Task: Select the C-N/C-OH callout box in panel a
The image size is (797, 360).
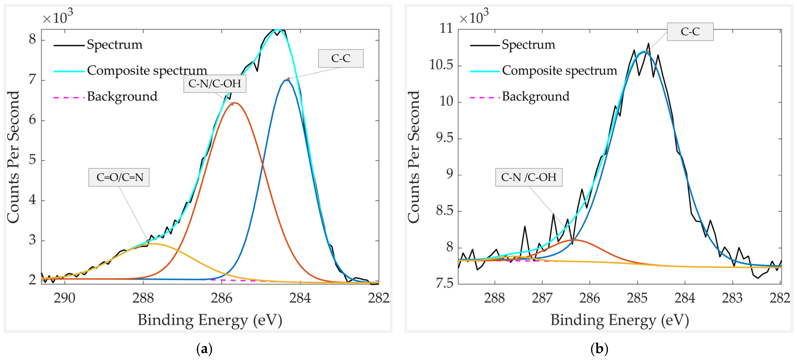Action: pos(215,84)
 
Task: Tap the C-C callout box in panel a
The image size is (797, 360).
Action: pos(341,58)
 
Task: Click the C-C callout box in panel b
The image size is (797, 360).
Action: pos(690,31)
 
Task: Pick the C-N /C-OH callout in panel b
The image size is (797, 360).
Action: pos(529,177)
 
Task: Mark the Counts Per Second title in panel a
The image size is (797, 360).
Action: pos(13,157)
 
